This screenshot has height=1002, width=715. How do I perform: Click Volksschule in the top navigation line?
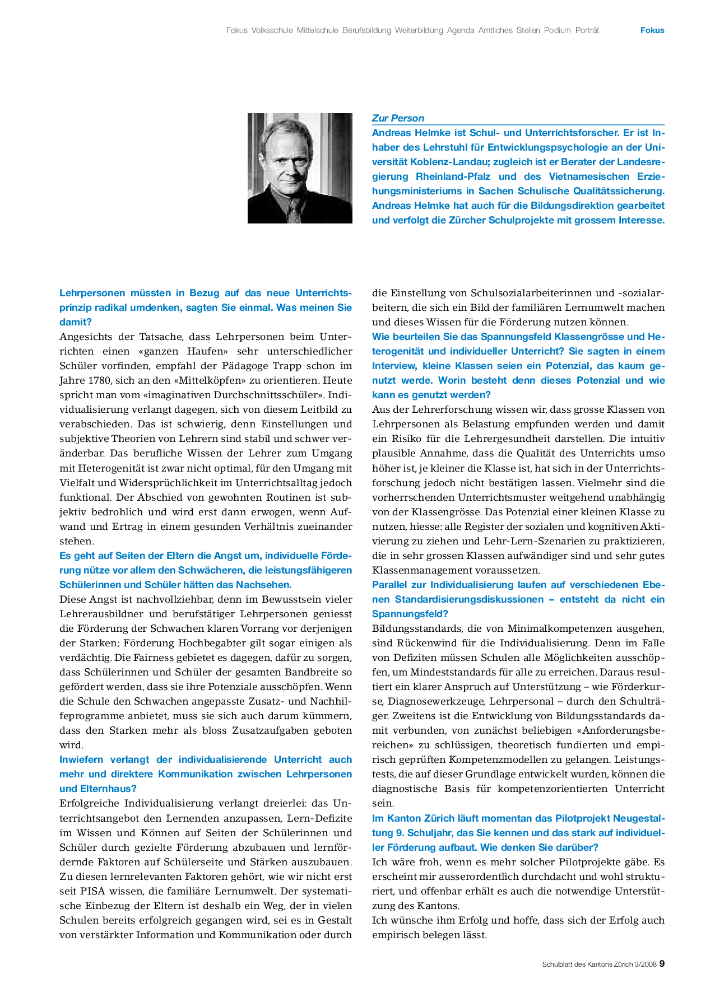tap(272, 31)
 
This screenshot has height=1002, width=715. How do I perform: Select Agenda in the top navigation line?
tap(461, 31)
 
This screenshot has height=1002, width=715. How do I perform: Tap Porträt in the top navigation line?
tap(587, 31)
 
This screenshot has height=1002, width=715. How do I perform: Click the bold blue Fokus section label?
tap(652, 31)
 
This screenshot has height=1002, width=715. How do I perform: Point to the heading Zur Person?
tap(398, 118)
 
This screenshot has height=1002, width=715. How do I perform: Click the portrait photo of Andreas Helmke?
tap(300, 168)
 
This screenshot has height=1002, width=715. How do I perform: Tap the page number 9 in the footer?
tap(662, 964)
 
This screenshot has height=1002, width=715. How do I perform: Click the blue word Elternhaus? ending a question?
tap(98, 789)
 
